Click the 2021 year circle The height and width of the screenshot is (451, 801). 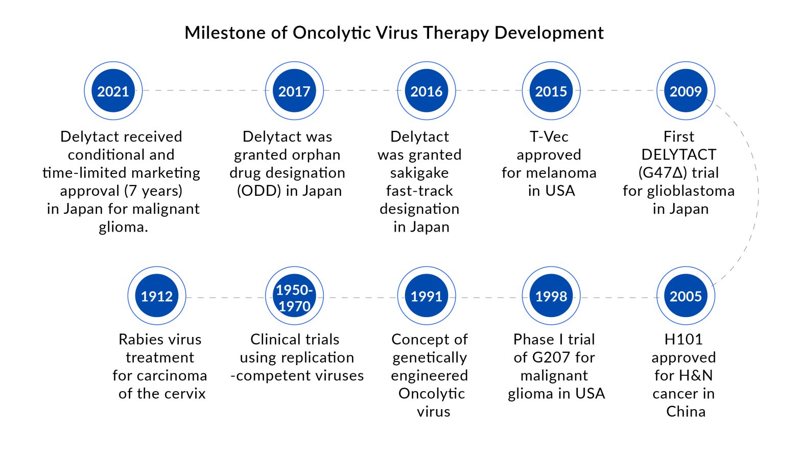click(113, 91)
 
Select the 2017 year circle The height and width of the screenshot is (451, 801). click(294, 91)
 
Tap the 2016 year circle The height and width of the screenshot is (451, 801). click(427, 91)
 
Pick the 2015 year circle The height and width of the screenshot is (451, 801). click(551, 91)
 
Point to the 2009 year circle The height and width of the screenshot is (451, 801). click(686, 91)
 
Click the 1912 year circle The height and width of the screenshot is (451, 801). click(157, 296)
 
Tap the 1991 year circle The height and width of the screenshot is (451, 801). click(427, 296)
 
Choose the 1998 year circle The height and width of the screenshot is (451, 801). click(551, 296)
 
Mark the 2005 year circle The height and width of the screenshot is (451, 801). click(686, 296)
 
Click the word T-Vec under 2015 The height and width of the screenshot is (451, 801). click(549, 137)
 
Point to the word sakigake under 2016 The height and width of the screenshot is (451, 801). click(419, 173)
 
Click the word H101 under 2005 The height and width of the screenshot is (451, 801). click(684, 340)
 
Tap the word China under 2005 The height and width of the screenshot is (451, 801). click(686, 412)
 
